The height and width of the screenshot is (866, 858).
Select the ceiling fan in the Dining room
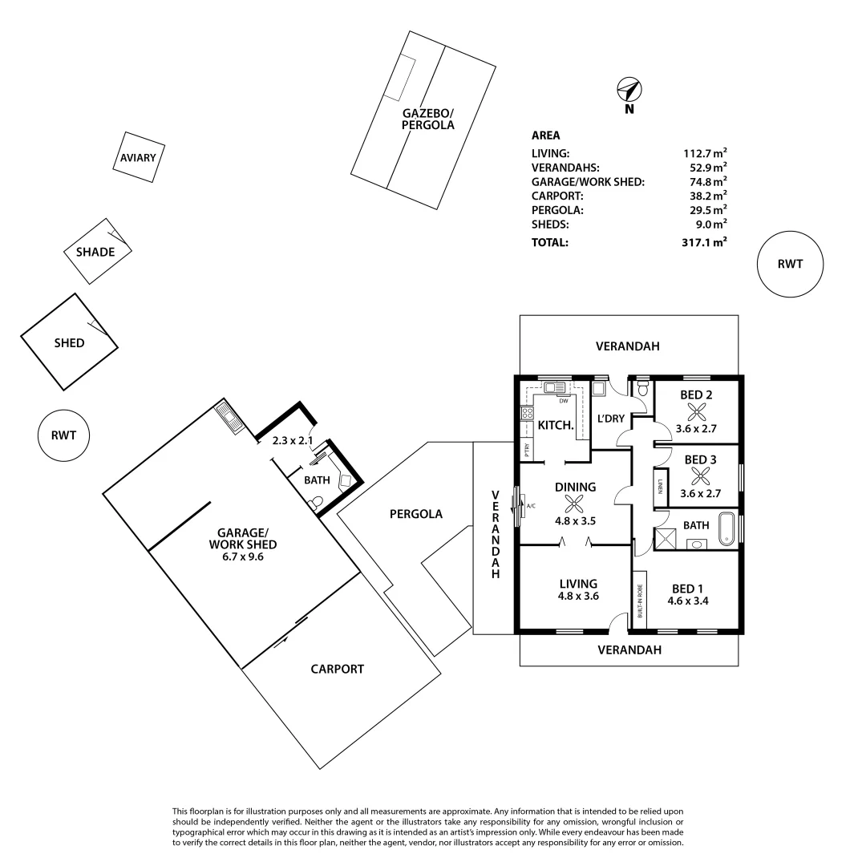coord(573,503)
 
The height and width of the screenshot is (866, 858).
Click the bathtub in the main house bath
coord(726,524)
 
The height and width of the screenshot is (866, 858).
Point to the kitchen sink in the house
coord(554,388)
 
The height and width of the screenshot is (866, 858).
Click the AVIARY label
coord(138,158)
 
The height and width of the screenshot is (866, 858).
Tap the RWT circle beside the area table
coord(790,264)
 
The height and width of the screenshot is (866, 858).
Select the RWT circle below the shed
coord(63,435)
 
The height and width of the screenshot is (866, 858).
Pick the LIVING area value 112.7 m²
coord(705,152)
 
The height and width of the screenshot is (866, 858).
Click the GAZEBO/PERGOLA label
coord(428,119)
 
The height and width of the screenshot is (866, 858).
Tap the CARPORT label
coord(337,669)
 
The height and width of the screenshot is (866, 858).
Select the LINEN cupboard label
coord(661,488)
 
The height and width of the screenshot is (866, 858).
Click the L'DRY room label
coord(612,419)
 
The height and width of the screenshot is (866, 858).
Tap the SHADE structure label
coord(95,252)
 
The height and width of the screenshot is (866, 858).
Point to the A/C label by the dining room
coord(531,505)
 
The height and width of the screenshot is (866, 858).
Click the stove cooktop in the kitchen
coord(528,414)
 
